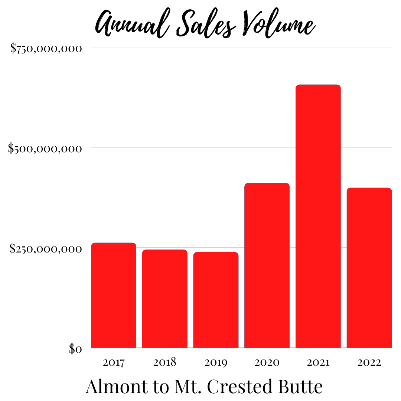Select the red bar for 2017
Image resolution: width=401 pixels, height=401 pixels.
point(114,295)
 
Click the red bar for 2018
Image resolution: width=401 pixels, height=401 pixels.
point(164,299)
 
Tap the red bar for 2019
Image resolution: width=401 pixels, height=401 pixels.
point(216,300)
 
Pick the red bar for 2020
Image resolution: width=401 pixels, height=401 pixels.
point(267,265)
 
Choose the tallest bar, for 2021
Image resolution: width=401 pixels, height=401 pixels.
point(318,216)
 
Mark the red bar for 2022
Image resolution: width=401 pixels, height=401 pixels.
point(369,268)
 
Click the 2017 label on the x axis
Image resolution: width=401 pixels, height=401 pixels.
point(114,362)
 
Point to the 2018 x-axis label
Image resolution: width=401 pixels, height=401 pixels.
point(164,362)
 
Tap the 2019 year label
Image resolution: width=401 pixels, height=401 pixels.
point(216,362)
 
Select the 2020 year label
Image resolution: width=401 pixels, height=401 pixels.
point(267,362)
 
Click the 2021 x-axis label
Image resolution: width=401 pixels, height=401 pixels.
point(318,362)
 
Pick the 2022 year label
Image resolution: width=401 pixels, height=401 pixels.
point(369,362)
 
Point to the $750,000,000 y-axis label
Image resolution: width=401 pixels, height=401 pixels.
point(46,48)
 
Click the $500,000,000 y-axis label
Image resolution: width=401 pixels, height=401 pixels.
point(45,149)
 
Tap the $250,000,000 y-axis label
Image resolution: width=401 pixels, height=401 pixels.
point(46,248)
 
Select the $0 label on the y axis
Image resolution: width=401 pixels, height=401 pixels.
point(76,349)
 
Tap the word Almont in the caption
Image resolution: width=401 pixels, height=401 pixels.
point(116,387)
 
